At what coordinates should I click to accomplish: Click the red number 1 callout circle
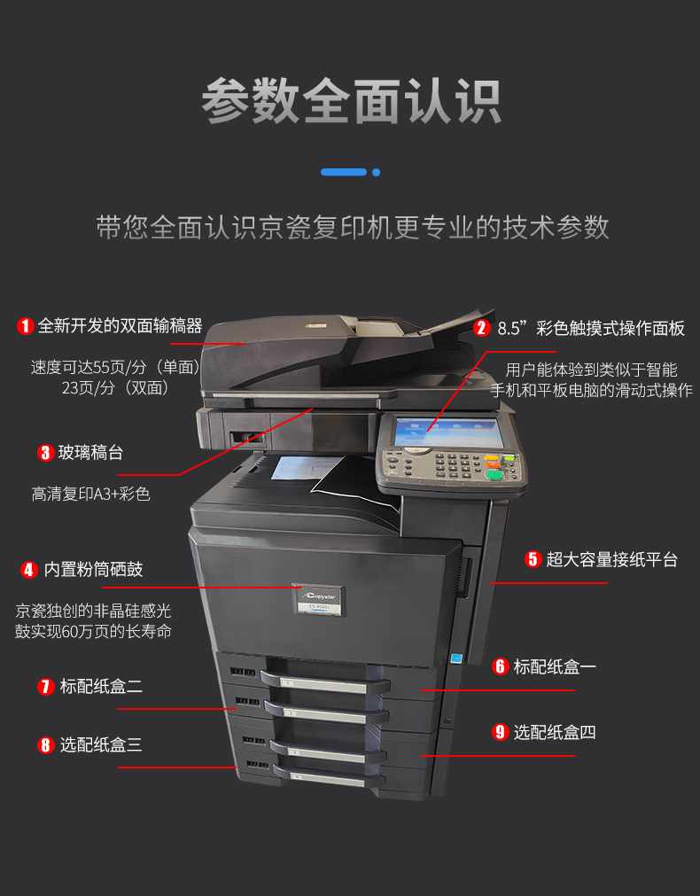click(25, 326)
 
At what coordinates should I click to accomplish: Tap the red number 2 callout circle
click(482, 327)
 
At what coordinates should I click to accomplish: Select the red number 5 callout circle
click(533, 559)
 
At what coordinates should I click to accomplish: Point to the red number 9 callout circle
click(500, 732)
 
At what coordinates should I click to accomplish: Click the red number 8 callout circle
click(46, 745)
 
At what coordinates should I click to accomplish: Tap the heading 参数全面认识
click(351, 102)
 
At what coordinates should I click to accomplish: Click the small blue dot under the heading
click(376, 172)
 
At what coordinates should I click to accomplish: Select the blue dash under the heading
click(344, 172)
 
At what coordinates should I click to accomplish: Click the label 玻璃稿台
click(91, 453)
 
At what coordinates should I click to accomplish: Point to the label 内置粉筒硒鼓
click(93, 570)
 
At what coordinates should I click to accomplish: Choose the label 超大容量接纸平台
click(612, 559)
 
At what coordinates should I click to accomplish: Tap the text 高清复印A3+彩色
click(91, 494)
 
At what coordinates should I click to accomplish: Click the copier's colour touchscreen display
click(449, 432)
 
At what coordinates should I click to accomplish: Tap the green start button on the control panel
click(494, 475)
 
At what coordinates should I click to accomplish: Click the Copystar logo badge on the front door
click(320, 600)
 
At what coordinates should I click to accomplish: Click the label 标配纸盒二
click(101, 686)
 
